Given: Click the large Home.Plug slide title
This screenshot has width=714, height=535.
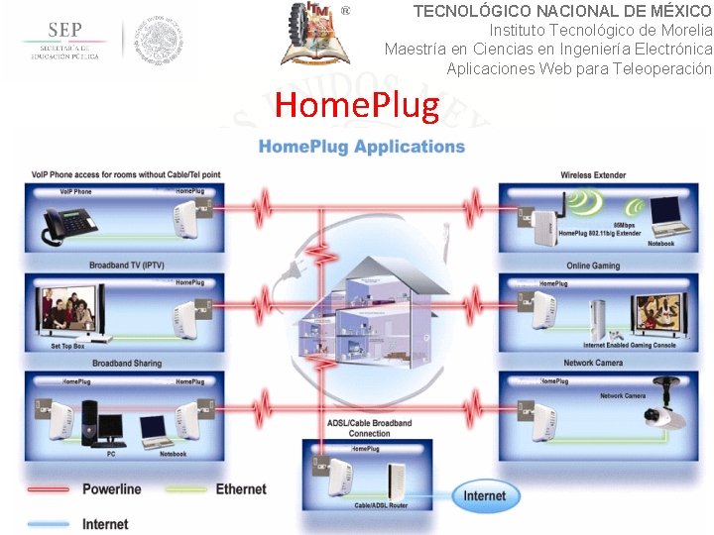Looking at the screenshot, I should pyautogui.click(x=356, y=104).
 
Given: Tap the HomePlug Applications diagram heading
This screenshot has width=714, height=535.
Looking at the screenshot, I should pyautogui.click(x=362, y=147).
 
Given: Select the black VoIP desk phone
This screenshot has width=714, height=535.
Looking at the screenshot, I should pyautogui.click(x=66, y=226).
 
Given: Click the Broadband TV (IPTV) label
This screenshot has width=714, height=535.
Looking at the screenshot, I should pyautogui.click(x=128, y=266).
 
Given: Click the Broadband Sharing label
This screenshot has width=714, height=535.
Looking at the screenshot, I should pyautogui.click(x=127, y=364).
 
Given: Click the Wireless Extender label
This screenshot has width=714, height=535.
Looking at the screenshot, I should pyautogui.click(x=593, y=175).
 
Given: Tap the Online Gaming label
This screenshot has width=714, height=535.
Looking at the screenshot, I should pyautogui.click(x=593, y=266).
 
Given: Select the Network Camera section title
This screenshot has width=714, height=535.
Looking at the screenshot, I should pyautogui.click(x=593, y=363).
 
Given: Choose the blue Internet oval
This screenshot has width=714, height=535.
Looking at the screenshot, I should pyautogui.click(x=484, y=494).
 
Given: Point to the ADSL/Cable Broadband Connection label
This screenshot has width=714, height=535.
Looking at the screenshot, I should pyautogui.click(x=369, y=428).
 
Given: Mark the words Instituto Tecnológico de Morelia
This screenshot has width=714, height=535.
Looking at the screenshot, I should pyautogui.click(x=600, y=30).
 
